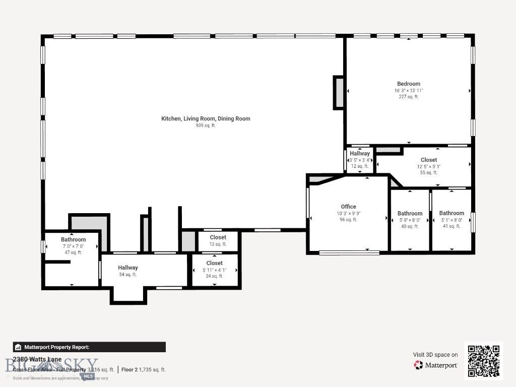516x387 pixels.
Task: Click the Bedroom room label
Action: (408, 84)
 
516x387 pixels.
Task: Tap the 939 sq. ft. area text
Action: (206, 125)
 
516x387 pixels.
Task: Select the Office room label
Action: (348, 207)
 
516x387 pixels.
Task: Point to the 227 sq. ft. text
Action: (408, 97)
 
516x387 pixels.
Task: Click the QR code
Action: (483, 360)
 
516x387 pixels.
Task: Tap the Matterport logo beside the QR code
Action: (435, 365)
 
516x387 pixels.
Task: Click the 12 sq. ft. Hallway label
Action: (360, 154)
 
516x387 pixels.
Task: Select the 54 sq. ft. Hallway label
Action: (128, 268)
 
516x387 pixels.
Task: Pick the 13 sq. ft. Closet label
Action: (218, 237)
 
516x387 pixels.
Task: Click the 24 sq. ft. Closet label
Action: (214, 263)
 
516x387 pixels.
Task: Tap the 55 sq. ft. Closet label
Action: (429, 160)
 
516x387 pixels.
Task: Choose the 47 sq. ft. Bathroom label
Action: (74, 239)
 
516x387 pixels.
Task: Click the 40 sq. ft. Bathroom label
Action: (410, 214)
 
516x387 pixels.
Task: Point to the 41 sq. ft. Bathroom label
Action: (451, 213)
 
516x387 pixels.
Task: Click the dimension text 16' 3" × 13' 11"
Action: (408, 91)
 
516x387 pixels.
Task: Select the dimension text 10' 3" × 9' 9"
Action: (348, 213)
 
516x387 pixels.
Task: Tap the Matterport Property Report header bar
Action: (89, 347)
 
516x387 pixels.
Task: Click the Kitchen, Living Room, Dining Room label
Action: (206, 119)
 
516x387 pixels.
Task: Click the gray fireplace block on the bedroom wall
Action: (339, 92)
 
